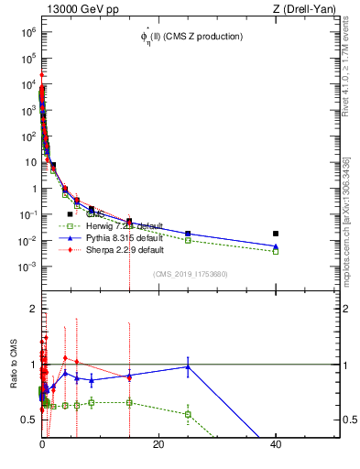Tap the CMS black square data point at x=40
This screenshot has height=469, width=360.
(276, 234)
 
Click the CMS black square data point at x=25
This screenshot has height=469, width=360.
(188, 234)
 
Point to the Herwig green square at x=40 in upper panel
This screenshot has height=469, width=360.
(276, 251)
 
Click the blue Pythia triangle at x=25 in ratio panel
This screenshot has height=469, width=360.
(188, 366)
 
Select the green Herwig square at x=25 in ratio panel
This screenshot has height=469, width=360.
(188, 414)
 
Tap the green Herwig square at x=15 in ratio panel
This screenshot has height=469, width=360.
(129, 402)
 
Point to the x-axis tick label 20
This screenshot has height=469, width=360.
(158, 444)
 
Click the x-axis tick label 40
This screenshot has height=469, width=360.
(276, 444)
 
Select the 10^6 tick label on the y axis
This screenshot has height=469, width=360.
(27, 31)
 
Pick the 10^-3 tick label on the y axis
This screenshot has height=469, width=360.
(27, 267)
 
